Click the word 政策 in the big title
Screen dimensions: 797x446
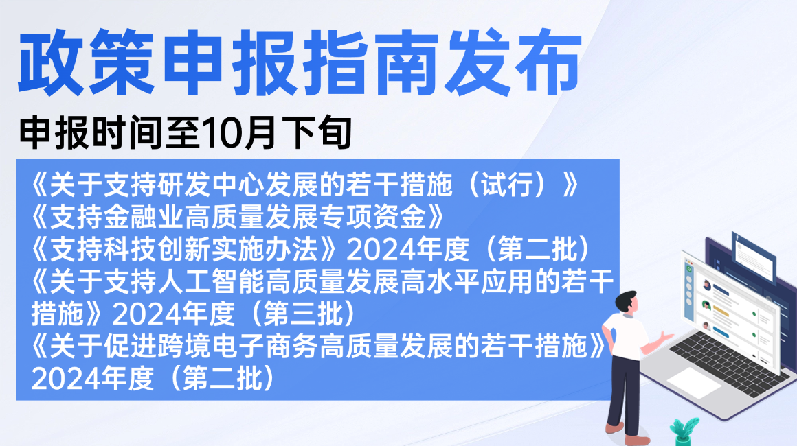click(x=87, y=62)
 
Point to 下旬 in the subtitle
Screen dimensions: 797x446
click(x=316, y=132)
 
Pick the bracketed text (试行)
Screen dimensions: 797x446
click(x=508, y=184)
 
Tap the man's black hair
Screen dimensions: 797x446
click(x=625, y=298)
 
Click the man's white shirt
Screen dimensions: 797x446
click(x=625, y=335)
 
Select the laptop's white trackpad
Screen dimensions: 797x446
click(x=694, y=382)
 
